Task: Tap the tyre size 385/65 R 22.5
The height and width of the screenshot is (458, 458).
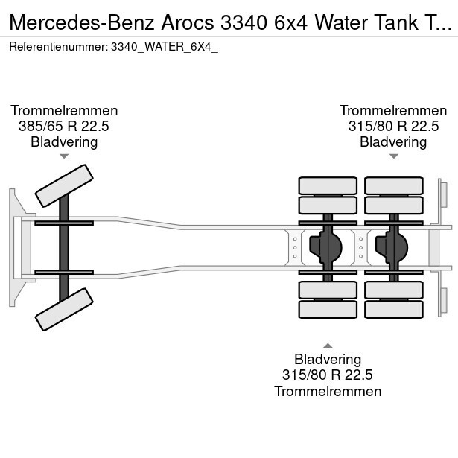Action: pyautogui.click(x=64, y=126)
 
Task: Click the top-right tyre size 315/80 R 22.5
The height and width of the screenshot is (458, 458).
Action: pyautogui.click(x=393, y=126)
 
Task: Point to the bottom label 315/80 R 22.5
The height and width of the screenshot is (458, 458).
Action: pyautogui.click(x=328, y=375)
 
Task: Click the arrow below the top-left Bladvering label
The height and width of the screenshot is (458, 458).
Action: pyautogui.click(x=64, y=156)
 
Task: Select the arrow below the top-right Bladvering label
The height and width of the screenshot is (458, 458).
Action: pyautogui.click(x=394, y=156)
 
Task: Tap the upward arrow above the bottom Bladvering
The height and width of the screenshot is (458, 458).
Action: pyautogui.click(x=328, y=345)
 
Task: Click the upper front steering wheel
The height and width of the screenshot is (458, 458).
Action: pyautogui.click(x=66, y=185)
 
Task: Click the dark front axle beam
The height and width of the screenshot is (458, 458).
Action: pyautogui.click(x=64, y=247)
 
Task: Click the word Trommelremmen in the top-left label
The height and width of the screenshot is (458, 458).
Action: pyautogui.click(x=64, y=110)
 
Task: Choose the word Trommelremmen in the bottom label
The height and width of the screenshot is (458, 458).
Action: pyautogui.click(x=328, y=392)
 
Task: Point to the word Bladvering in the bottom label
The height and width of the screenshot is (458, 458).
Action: pyautogui.click(x=328, y=360)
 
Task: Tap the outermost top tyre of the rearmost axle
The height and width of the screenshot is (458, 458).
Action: pyautogui.click(x=393, y=185)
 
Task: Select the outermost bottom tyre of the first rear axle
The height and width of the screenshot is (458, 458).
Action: pyautogui.click(x=328, y=309)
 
